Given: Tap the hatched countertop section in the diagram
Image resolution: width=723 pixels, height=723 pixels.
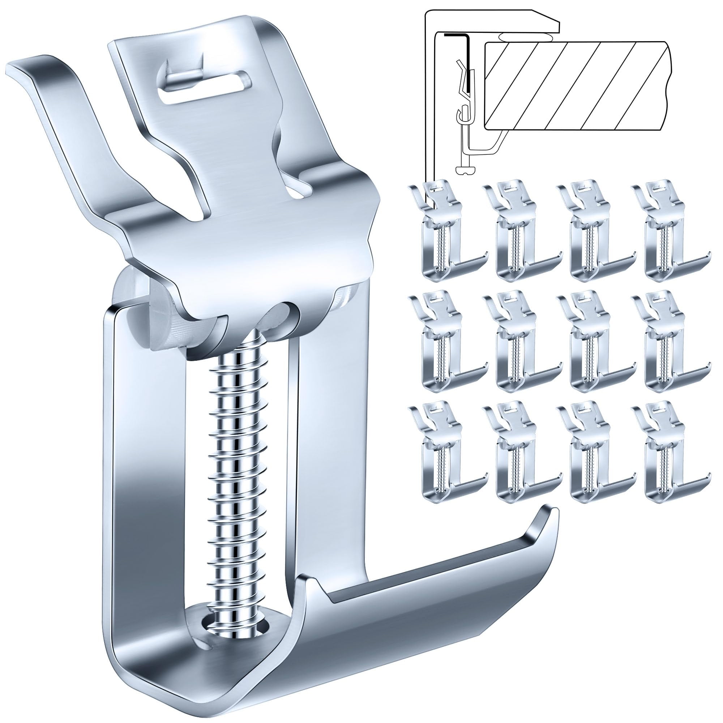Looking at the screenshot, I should click(576, 86).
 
